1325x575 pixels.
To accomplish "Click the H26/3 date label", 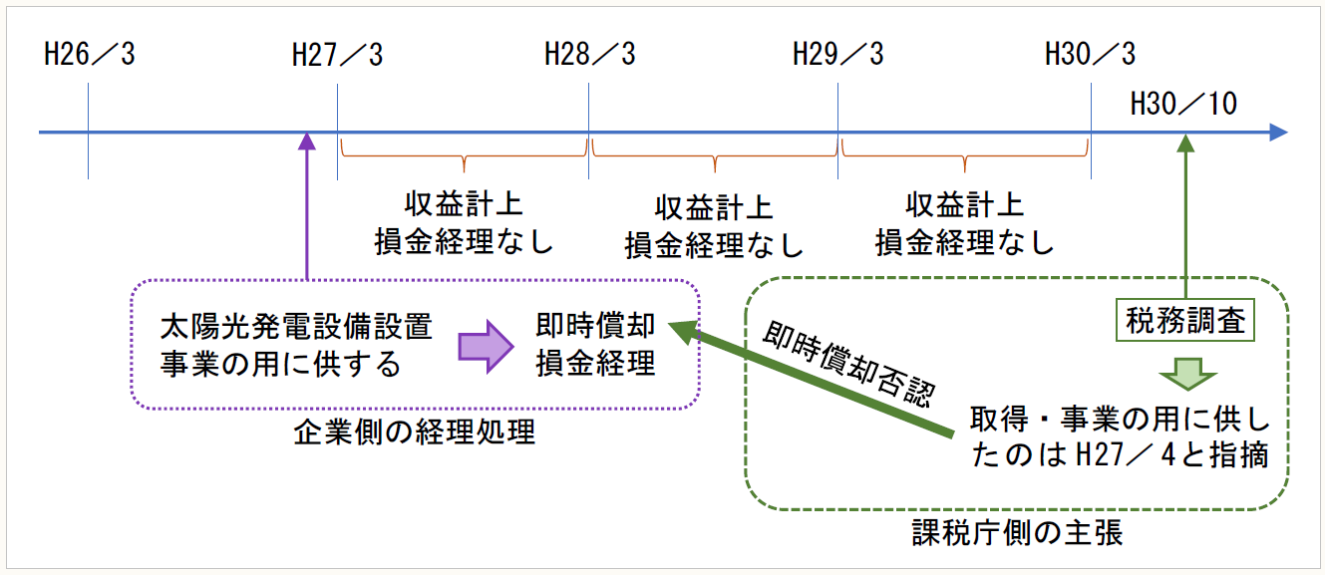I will (x=90, y=54).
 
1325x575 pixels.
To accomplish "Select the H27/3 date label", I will (x=338, y=54).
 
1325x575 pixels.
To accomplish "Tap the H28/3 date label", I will (x=589, y=54).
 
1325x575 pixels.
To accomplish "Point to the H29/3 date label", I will (x=838, y=54).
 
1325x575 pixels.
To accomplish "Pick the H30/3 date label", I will (x=1090, y=54).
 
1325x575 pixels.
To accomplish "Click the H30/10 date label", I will (x=1184, y=103).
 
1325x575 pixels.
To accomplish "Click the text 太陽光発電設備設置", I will (x=296, y=327).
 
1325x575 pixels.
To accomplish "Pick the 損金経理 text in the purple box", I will (x=596, y=364).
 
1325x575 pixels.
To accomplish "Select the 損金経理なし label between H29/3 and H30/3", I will (x=964, y=242).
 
